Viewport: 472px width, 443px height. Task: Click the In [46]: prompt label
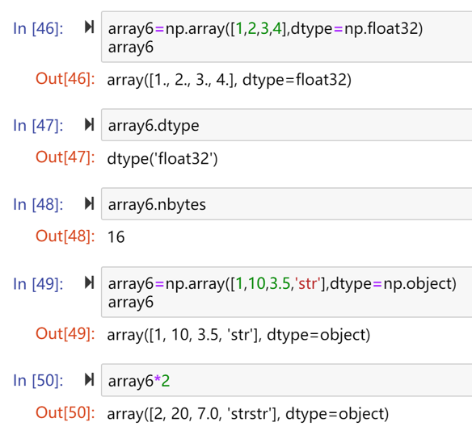(x=38, y=29)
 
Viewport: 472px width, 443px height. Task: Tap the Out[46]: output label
(x=65, y=79)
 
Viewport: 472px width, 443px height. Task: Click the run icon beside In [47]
(x=90, y=124)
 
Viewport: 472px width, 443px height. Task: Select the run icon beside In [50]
(x=90, y=379)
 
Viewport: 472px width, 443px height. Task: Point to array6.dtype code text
(x=154, y=126)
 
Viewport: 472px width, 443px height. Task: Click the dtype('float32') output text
(x=162, y=158)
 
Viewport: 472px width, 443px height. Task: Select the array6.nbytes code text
(x=157, y=205)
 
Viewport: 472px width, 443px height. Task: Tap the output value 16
(x=116, y=236)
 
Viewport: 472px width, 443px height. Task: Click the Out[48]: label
(x=65, y=236)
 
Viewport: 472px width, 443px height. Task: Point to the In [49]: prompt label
(x=38, y=284)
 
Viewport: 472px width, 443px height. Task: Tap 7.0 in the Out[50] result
(x=209, y=413)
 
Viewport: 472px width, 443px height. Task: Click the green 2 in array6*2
(x=166, y=381)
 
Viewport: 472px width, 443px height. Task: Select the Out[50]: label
(x=65, y=412)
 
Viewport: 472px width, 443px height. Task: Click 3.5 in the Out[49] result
(x=208, y=335)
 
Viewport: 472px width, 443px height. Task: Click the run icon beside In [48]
(x=90, y=203)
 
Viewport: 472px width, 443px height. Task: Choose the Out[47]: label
(x=65, y=157)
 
